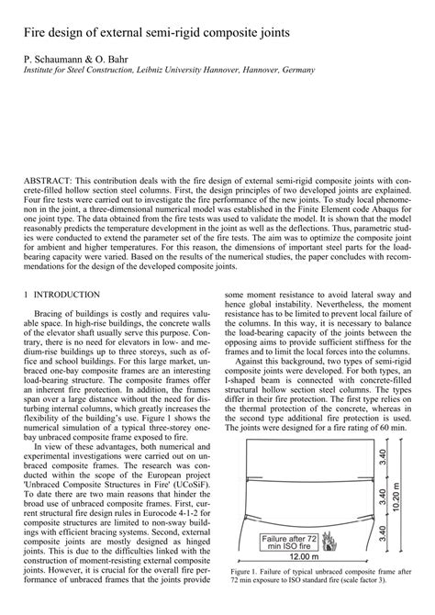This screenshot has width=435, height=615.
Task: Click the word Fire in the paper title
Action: tap(38, 32)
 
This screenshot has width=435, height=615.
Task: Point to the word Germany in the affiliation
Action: tap(295, 69)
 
